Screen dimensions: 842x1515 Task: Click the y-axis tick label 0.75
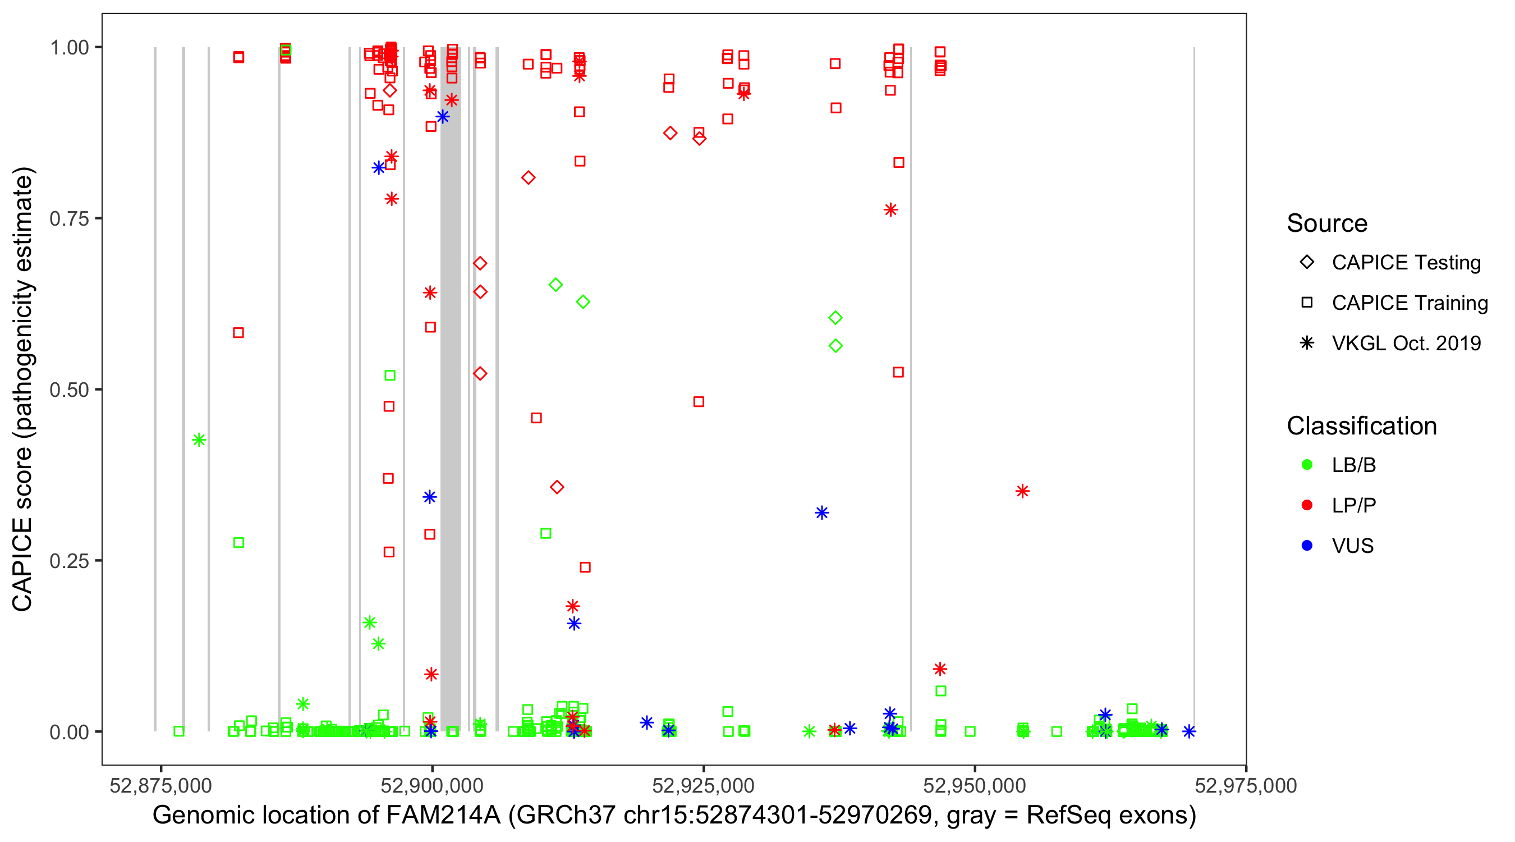pos(68,218)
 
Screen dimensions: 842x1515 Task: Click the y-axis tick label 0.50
pos(68,390)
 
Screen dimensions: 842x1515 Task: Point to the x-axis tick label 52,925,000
pos(703,785)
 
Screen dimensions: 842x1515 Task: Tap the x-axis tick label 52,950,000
pos(975,785)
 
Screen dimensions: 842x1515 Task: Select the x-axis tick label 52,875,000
pos(160,785)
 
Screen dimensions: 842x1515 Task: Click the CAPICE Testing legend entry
pos(1406,263)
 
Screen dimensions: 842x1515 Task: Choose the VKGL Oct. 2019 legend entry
pos(1406,343)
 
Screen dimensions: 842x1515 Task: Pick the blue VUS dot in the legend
pos(1307,546)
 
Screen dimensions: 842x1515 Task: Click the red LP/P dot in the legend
pos(1307,505)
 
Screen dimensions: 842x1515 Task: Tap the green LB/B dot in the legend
pos(1307,465)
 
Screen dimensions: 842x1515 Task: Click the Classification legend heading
pos(1361,426)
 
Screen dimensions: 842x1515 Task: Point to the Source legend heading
pos(1327,223)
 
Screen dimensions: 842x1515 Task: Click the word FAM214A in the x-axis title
pos(443,816)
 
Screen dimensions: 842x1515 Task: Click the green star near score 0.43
pos(199,440)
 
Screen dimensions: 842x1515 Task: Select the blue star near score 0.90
pos(443,117)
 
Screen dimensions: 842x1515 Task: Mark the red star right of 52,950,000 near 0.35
pos(1022,491)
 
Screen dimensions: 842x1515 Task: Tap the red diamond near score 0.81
pos(528,178)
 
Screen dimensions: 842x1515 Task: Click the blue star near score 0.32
pos(821,512)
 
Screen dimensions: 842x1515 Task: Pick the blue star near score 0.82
pos(379,168)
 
